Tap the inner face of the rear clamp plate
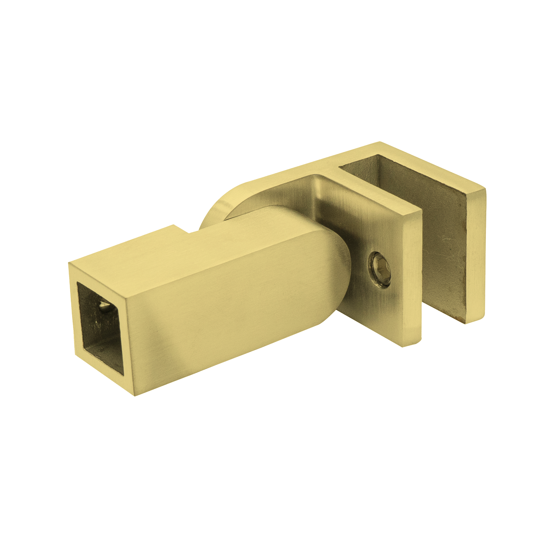(x=443, y=250)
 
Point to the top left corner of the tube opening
(x=78, y=283)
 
